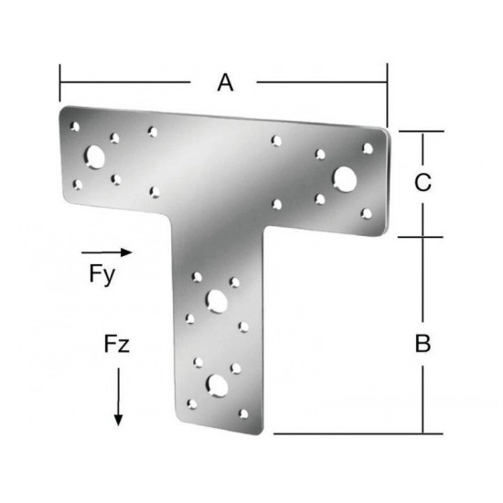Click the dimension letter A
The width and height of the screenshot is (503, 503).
(225, 82)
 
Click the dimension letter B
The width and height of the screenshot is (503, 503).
(423, 343)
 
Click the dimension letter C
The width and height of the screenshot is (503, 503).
(423, 182)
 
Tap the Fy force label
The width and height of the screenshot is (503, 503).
(102, 275)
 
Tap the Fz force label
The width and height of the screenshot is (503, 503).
(117, 344)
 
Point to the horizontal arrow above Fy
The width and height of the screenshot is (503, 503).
(106, 252)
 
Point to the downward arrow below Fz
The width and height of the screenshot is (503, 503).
(118, 397)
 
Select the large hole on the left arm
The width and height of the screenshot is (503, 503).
(94, 157)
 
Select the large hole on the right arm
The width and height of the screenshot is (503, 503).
(345, 179)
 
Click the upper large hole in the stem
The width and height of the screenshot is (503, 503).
(217, 302)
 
